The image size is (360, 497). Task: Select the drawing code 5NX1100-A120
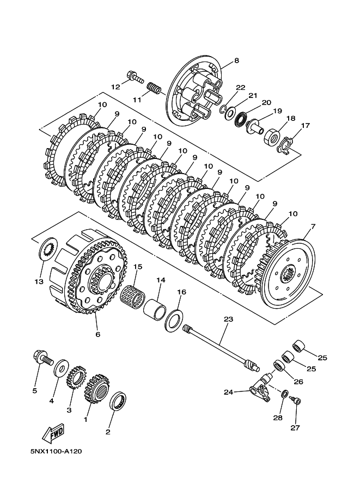click(56, 451)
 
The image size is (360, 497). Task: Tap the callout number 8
click(236, 60)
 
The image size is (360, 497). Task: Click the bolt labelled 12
click(135, 76)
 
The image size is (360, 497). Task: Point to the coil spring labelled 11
click(155, 87)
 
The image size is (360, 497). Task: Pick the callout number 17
click(305, 126)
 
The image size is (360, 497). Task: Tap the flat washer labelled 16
click(174, 321)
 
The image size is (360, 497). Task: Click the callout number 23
click(228, 319)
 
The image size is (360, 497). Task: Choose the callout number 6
click(97, 334)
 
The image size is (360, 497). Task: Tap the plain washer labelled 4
click(60, 369)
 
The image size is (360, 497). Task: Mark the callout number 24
click(228, 392)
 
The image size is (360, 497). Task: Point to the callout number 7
click(313, 226)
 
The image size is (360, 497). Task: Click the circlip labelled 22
click(224, 109)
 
